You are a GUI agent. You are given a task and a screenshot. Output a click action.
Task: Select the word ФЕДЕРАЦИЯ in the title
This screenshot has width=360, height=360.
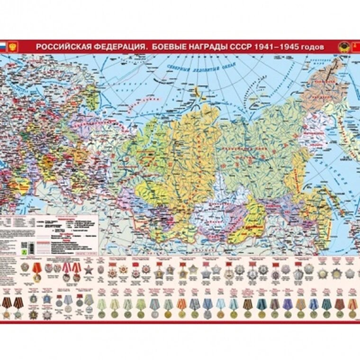coord(116,47)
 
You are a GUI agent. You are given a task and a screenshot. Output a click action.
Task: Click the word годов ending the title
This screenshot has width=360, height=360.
coord(314,47)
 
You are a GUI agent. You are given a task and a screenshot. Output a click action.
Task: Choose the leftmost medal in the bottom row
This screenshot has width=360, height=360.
coord(6,313)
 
